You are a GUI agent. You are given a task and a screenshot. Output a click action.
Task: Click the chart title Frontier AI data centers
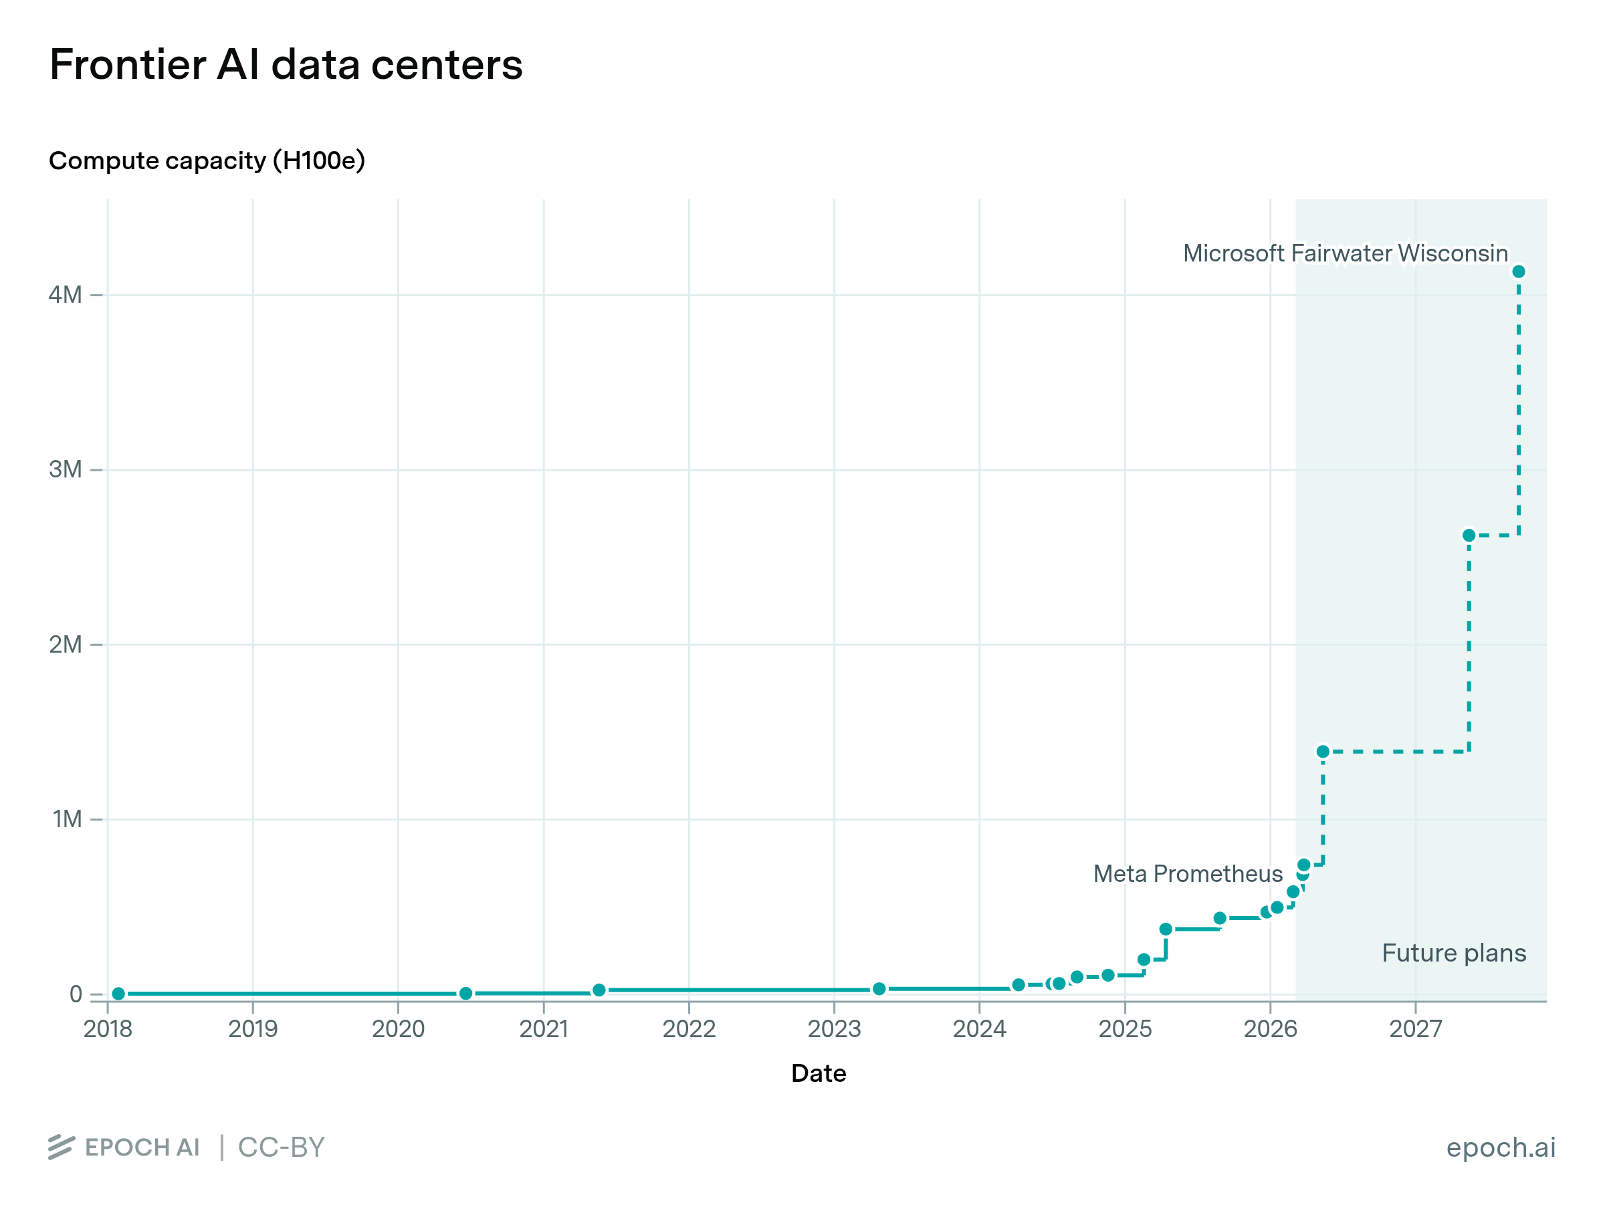286,65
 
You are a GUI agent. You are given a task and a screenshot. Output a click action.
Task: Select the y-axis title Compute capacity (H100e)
207,160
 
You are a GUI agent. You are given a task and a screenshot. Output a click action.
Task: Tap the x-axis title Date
819,1073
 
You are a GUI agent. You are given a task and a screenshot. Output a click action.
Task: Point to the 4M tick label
66,295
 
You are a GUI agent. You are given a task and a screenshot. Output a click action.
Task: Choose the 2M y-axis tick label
66,645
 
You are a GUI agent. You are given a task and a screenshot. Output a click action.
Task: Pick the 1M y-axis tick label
67,819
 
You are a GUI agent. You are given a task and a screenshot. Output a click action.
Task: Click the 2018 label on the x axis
108,1029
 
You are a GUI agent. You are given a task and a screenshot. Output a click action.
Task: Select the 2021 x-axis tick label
544,1029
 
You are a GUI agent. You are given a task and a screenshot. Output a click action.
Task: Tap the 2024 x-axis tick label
980,1029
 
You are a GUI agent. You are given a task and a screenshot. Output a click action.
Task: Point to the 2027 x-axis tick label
1416,1029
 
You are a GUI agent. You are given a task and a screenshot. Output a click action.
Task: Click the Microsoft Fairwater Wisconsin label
1346,253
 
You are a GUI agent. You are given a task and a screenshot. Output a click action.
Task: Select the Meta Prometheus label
1188,874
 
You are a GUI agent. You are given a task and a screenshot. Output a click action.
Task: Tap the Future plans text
1454,953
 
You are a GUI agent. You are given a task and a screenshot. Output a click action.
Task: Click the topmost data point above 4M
1519,271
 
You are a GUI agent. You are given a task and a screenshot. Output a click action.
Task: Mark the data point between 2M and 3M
1469,536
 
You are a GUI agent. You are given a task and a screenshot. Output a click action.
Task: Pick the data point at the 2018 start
118,994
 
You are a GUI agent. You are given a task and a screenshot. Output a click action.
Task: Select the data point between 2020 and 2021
466,993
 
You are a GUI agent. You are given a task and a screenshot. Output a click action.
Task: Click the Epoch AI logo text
142,1147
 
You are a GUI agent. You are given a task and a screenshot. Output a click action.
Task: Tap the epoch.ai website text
1501,1147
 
